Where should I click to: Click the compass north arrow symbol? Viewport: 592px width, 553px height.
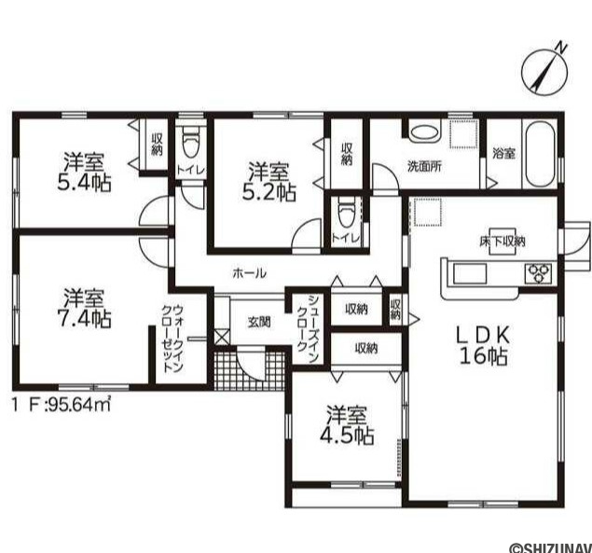(x=544, y=73)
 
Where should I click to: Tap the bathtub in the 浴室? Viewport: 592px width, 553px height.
(x=541, y=153)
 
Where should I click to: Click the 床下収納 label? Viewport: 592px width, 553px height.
(x=503, y=241)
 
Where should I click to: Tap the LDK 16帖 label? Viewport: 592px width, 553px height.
(x=483, y=344)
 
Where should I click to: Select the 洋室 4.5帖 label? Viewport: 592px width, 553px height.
(x=347, y=424)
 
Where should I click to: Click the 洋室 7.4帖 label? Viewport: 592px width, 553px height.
(x=84, y=308)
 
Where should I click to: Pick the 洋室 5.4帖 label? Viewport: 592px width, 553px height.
(x=84, y=173)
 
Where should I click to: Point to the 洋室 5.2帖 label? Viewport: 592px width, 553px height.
(x=268, y=181)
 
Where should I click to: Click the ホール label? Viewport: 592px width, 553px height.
(x=250, y=272)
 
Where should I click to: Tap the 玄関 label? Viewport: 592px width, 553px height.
(x=259, y=323)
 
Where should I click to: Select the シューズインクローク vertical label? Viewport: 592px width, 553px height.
(x=309, y=328)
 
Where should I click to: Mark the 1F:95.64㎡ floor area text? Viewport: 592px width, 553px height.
(x=62, y=406)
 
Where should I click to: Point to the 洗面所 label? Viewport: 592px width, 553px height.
(x=424, y=167)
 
